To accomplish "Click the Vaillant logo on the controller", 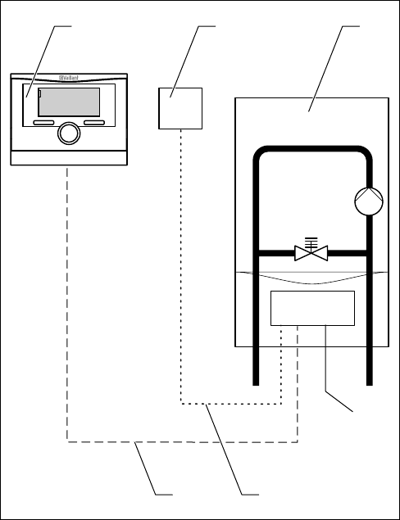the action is pyautogui.click(x=69, y=78).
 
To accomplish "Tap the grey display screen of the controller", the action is pyautogui.click(x=69, y=102).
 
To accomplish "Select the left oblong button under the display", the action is pyautogui.click(x=43, y=123).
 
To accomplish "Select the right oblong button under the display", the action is pyautogui.click(x=94, y=123).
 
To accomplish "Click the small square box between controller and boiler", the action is pyautogui.click(x=180, y=108).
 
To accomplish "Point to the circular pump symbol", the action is pyautogui.click(x=369, y=201).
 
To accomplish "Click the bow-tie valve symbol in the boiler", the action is pyautogui.click(x=311, y=253).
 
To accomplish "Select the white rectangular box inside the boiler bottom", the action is pyautogui.click(x=312, y=308).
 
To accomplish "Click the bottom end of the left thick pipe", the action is pyautogui.click(x=256, y=385).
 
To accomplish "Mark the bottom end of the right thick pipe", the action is pyautogui.click(x=370, y=385).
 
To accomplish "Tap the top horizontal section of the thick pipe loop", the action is pyautogui.click(x=312, y=148).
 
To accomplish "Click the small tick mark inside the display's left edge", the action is pyautogui.click(x=40, y=93).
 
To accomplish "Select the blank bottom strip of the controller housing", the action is pyautogui.click(x=69, y=158).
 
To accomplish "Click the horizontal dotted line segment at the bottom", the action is pyautogui.click(x=231, y=404).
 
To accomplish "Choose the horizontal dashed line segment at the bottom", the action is pyautogui.click(x=182, y=442).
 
